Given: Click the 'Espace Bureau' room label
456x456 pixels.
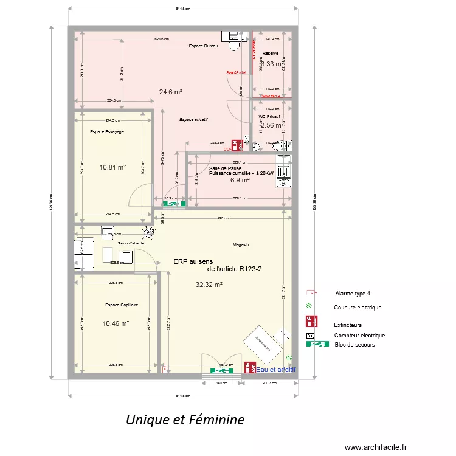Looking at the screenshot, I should tap(203, 46).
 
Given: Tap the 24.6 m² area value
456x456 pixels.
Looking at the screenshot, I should tap(171, 92).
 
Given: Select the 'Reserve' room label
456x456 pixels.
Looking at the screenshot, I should tap(271, 54).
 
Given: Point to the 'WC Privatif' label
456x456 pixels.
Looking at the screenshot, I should tap(269, 116).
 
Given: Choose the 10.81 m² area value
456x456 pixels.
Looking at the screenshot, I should tap(112, 167).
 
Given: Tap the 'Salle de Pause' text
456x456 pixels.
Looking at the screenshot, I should tap(225, 168).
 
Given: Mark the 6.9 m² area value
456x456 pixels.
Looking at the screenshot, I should tap(240, 180).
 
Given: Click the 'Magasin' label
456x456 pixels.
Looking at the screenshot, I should tap(241, 244).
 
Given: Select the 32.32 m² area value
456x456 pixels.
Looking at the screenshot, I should tap(209, 285).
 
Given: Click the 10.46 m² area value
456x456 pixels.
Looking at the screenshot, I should tap(116, 323).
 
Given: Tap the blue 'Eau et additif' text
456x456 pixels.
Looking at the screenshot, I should tap(276, 369).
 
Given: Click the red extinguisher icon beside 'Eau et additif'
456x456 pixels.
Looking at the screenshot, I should tap(249, 367).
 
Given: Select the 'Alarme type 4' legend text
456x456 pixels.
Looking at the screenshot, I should tap(353, 293).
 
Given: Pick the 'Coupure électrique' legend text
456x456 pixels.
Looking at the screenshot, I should tap(358, 308).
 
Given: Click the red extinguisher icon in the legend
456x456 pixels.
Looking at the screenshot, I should tap(310, 322).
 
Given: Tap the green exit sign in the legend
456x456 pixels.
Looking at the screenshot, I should tap(318, 344).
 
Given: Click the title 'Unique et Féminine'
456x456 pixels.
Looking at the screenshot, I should tap(185, 420).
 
